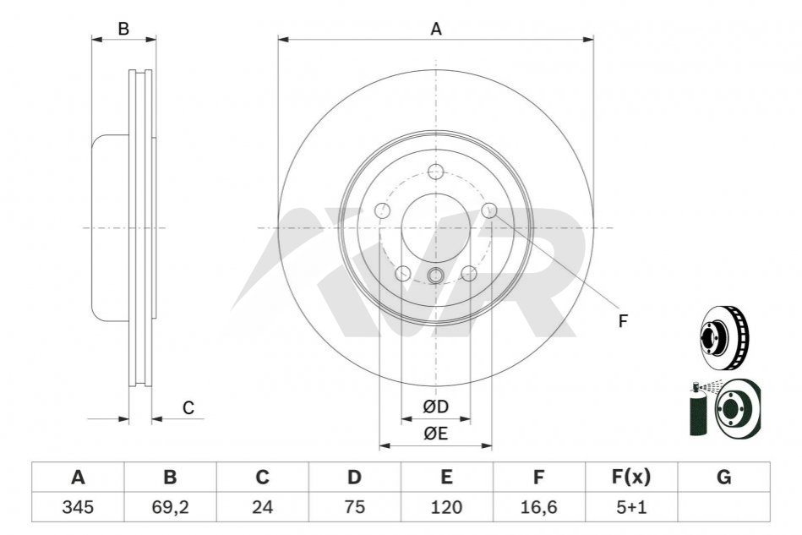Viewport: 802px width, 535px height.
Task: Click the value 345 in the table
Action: coord(78,507)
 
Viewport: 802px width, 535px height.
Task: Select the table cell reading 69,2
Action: coord(171,507)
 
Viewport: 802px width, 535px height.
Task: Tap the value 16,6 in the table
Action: coord(538,507)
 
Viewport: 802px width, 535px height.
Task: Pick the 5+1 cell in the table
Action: coord(631,507)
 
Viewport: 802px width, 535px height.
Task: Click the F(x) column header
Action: coord(631,477)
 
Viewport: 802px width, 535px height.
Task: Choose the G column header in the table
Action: coord(723,477)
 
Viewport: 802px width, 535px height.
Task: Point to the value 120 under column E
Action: coord(446,507)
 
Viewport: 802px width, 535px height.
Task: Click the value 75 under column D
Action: coord(354,507)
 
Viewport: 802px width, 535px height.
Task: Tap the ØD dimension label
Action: coord(436,407)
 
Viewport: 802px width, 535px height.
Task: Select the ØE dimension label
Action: coord(436,434)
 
